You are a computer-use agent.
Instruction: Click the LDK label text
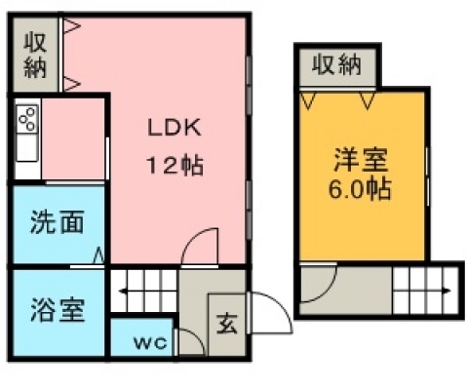[175, 128]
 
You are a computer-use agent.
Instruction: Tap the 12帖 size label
[175, 165]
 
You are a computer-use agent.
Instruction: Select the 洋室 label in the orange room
[361, 160]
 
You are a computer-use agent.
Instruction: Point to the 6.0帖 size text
[360, 188]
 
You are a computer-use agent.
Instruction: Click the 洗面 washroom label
[57, 222]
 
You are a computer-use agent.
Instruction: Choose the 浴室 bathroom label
[58, 310]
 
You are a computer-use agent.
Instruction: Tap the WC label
[150, 342]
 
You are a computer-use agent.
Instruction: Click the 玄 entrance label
[227, 324]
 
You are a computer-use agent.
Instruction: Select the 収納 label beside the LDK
[35, 55]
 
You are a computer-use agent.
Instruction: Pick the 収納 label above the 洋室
[336, 64]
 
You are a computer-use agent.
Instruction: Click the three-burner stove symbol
[27, 119]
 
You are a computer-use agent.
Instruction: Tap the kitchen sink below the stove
[27, 147]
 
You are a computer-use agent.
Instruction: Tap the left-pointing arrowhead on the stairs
[123, 291]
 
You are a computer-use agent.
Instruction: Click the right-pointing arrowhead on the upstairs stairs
[448, 291]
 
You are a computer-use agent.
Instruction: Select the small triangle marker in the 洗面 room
[99, 256]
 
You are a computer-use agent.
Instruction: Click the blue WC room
[142, 337]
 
